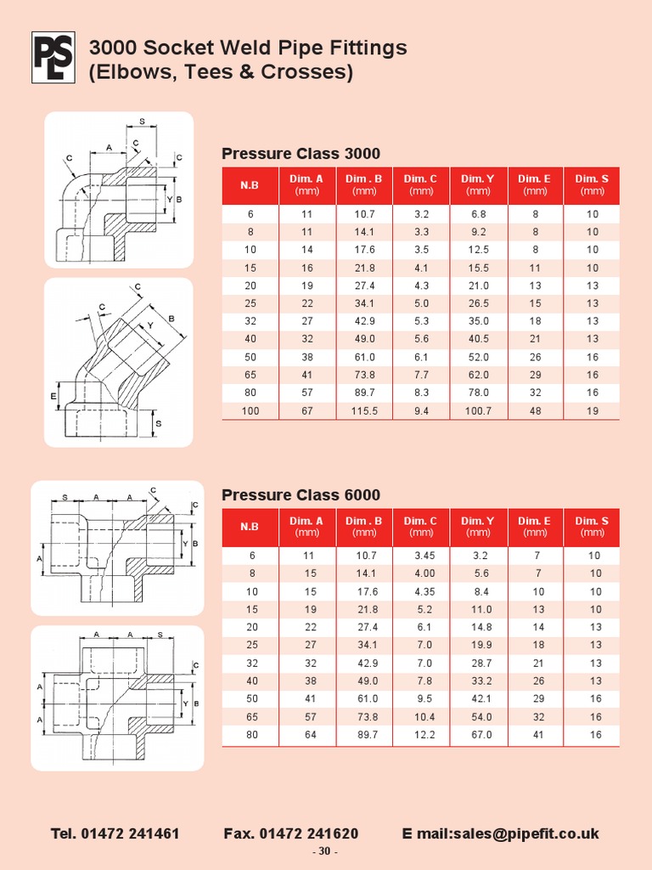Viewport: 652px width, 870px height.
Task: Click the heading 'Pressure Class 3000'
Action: tap(301, 154)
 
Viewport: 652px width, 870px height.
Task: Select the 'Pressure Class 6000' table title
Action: tap(301, 495)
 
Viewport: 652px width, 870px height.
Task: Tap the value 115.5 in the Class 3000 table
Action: tap(364, 411)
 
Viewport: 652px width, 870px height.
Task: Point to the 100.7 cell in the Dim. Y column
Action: tap(478, 411)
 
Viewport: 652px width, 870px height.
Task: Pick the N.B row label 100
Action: tap(250, 411)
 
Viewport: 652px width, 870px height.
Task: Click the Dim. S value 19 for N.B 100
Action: tap(592, 411)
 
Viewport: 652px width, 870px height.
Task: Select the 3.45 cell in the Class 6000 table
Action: tap(421, 556)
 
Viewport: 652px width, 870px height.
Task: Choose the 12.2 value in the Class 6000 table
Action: tap(421, 735)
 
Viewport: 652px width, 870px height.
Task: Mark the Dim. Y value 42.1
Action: tap(478, 699)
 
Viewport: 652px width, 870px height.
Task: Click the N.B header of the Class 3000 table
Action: tap(250, 185)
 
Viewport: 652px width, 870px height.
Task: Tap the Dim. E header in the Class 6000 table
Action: tap(535, 526)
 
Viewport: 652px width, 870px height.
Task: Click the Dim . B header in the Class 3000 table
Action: tap(364, 184)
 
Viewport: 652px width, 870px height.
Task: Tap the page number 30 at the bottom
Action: tap(325, 852)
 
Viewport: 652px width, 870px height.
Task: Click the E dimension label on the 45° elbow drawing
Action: tap(53, 396)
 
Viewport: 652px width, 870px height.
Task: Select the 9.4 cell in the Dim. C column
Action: tap(421, 411)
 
